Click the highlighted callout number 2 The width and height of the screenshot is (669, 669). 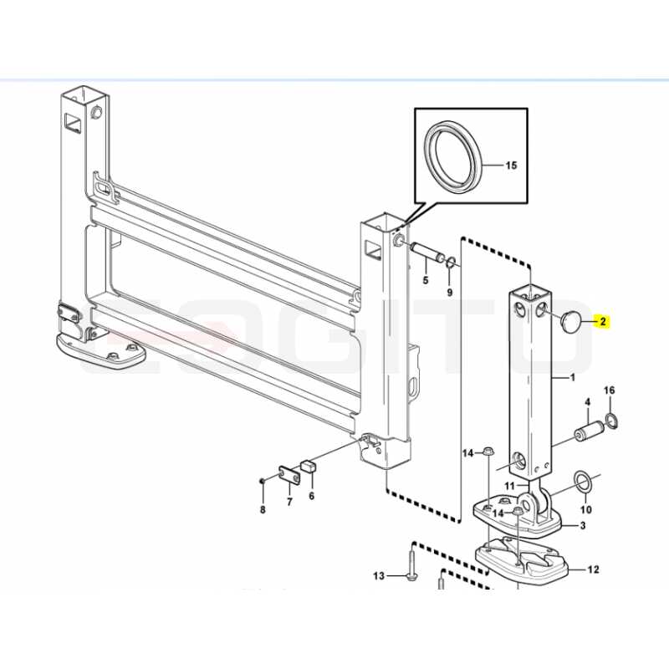coord(603,321)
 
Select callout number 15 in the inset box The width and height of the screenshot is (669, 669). coord(511,165)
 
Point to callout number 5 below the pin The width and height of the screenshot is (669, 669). coord(426,280)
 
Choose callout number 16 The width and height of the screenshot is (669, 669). coord(610,390)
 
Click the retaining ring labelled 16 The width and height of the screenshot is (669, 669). coord(610,420)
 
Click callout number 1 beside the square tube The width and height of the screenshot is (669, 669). coord(573,378)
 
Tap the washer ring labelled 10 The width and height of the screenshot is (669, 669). coord(582,483)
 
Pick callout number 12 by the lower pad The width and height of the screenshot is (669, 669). coord(594,569)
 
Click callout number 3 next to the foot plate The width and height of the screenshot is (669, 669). coord(583,526)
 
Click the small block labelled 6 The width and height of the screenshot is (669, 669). coord(310,465)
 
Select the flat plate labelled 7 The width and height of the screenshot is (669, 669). coord(289,475)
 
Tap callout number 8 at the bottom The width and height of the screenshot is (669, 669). coord(263,509)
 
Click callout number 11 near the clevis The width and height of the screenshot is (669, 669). coord(510,486)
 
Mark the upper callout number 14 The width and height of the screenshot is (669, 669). coord(468,452)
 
